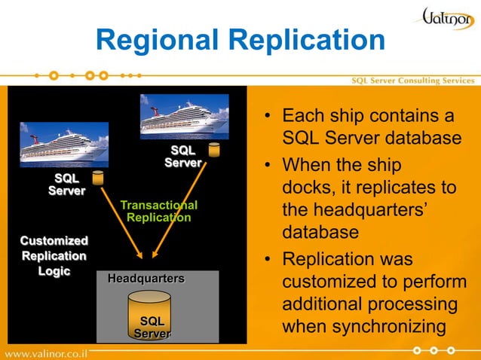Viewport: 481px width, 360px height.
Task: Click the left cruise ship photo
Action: point(63,145)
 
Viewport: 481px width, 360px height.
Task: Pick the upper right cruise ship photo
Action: point(184,117)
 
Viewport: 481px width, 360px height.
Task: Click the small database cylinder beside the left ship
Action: point(98,178)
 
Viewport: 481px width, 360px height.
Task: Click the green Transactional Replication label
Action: point(158,212)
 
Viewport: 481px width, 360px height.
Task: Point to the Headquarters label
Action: point(146,279)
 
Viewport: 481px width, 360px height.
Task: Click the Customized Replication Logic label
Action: point(54,256)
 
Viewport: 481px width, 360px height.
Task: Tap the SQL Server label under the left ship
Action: point(66,185)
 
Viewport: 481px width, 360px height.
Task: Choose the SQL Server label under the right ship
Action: point(183,157)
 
